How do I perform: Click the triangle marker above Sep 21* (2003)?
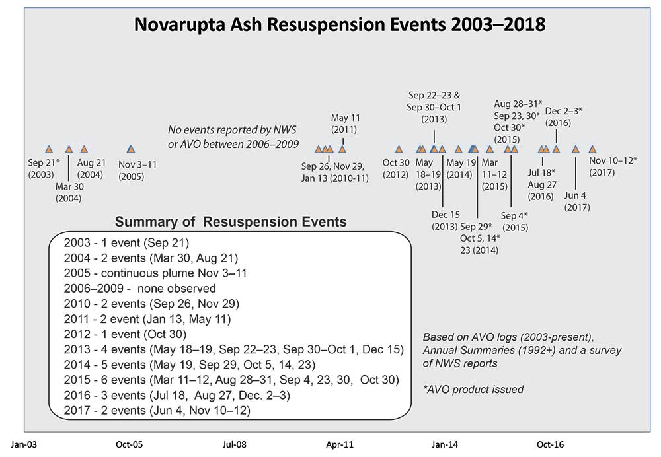pyautogui.click(x=48, y=149)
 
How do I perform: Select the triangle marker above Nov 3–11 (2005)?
pyautogui.click(x=130, y=149)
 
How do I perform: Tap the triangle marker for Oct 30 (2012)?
pyautogui.click(x=399, y=149)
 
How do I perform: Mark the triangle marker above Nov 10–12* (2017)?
pyautogui.click(x=592, y=149)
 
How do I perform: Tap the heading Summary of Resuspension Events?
pyautogui.click(x=231, y=222)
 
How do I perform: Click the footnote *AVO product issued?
pyautogui.click(x=473, y=389)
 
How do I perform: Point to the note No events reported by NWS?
pyautogui.click(x=233, y=137)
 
